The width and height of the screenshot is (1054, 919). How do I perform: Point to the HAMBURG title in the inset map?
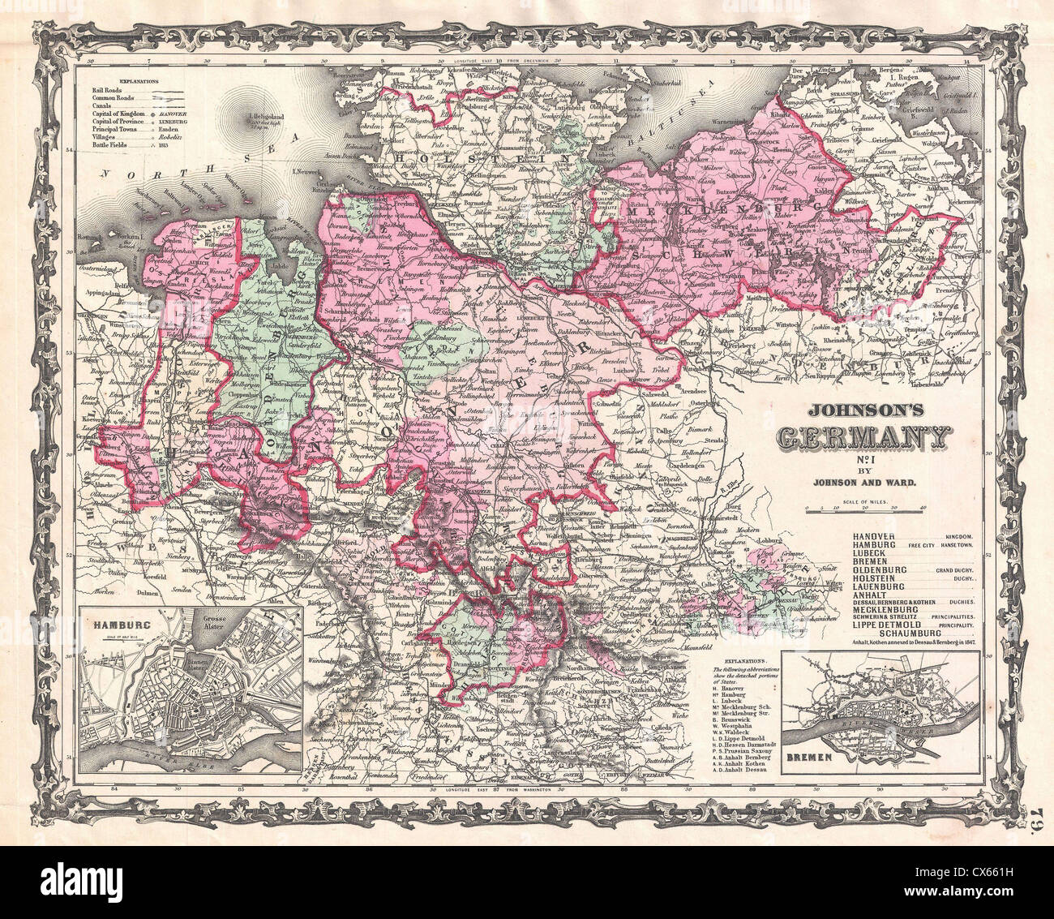[118, 625]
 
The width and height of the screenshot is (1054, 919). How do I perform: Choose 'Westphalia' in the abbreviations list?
[737, 728]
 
